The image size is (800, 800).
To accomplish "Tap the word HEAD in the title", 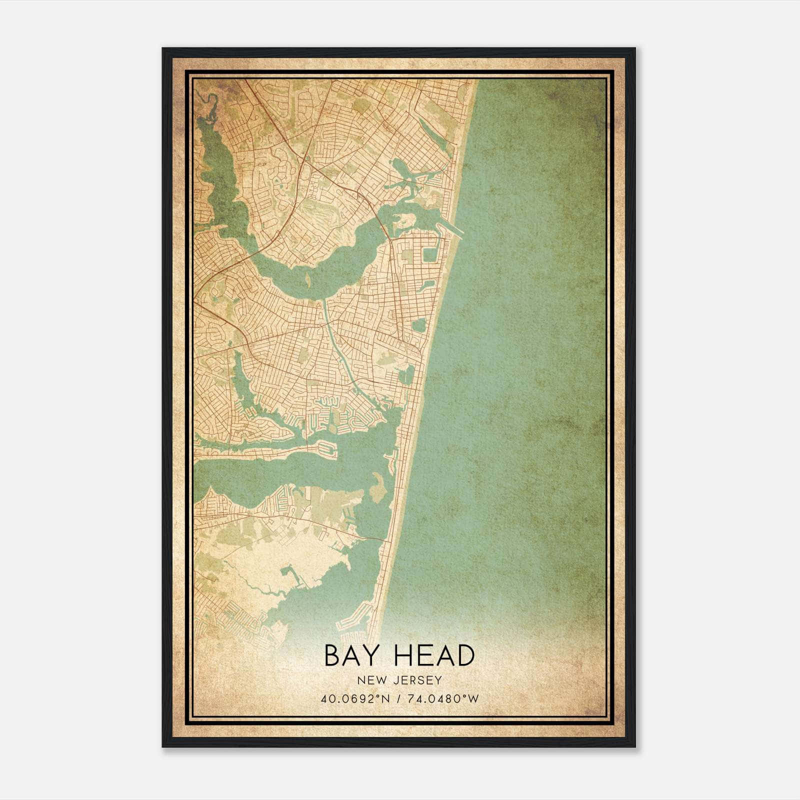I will [427, 655].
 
